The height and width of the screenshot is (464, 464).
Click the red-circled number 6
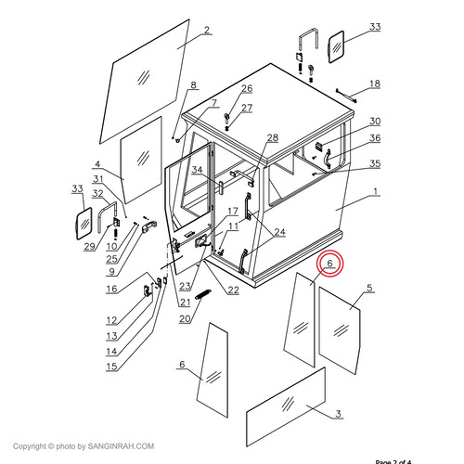tap(329, 264)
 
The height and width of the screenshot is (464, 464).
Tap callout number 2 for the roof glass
tap(207, 30)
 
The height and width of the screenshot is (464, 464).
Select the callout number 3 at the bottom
tap(339, 413)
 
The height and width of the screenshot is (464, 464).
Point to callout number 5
tap(370, 289)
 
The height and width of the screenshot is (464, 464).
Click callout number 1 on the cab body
tap(375, 192)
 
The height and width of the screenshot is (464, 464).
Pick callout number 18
tap(375, 84)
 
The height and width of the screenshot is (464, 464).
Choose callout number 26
tap(247, 88)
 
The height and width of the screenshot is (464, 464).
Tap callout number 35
tap(375, 163)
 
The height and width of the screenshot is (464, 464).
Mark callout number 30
tap(375, 122)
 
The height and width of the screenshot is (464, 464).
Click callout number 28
tap(273, 137)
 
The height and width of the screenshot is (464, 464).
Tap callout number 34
tap(198, 170)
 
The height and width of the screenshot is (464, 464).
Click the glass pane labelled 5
tap(339, 329)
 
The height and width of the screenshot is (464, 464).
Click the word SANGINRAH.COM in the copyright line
tap(122, 446)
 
